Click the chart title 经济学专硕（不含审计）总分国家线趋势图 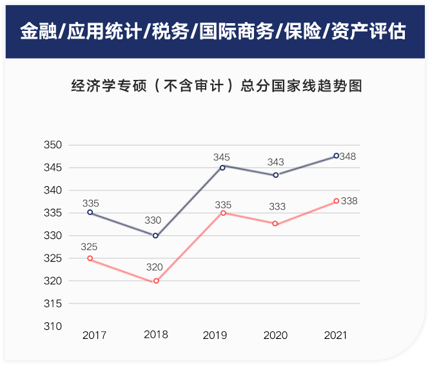[x=216, y=86]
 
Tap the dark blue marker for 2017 [x=90, y=212]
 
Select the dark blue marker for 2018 [x=155, y=235]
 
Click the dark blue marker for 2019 [x=222, y=167]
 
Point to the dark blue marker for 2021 [x=336, y=155]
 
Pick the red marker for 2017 [x=90, y=258]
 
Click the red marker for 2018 [x=155, y=281]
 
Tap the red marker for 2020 [x=275, y=224]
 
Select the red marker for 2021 [x=336, y=201]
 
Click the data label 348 [x=349, y=157]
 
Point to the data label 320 [x=154, y=267]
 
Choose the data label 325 [x=90, y=246]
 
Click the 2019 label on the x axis [x=215, y=336]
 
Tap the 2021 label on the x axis [x=335, y=336]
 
